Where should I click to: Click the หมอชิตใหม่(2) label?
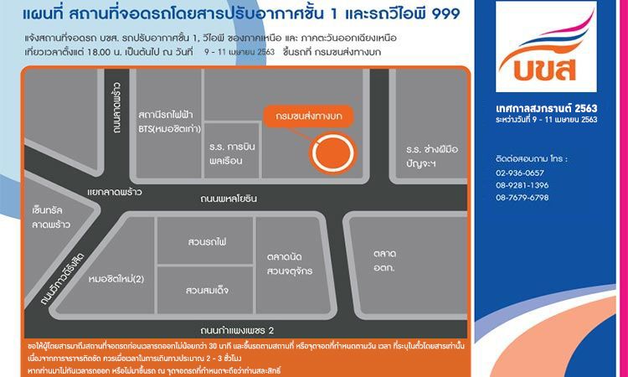coord(116,278)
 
